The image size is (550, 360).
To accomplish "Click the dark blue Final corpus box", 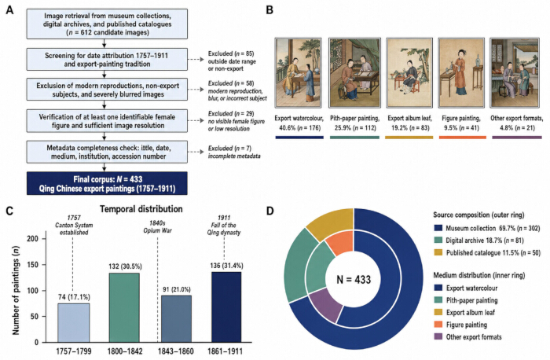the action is click(x=107, y=183).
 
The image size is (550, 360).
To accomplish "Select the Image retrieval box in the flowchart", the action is click(x=107, y=24).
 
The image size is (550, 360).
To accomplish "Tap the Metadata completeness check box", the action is click(x=107, y=152).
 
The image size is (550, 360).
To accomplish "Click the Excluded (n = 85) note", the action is click(x=232, y=61).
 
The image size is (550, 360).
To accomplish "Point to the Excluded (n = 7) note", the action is click(x=234, y=152).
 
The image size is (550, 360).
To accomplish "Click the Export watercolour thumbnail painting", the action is click(x=298, y=72).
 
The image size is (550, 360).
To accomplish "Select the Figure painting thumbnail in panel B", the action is click(x=461, y=72).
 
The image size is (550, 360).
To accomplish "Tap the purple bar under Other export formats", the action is click(x=517, y=138).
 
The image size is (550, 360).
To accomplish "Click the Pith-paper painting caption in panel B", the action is click(x=354, y=123).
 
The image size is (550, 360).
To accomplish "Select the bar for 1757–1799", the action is click(x=74, y=323).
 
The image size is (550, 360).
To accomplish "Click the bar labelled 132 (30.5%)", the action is click(x=124, y=307).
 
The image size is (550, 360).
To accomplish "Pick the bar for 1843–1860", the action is click(x=176, y=318).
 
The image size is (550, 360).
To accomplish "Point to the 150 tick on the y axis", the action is click(x=34, y=265).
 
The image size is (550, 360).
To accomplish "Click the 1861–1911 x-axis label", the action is click(x=225, y=351).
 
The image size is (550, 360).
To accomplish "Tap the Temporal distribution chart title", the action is click(x=141, y=209).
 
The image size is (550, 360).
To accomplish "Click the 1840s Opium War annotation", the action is click(x=157, y=226).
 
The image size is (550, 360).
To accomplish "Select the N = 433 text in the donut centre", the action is click(x=354, y=279).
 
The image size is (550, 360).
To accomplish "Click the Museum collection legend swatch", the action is click(x=438, y=228).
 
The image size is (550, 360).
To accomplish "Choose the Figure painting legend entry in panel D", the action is click(x=460, y=325).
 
